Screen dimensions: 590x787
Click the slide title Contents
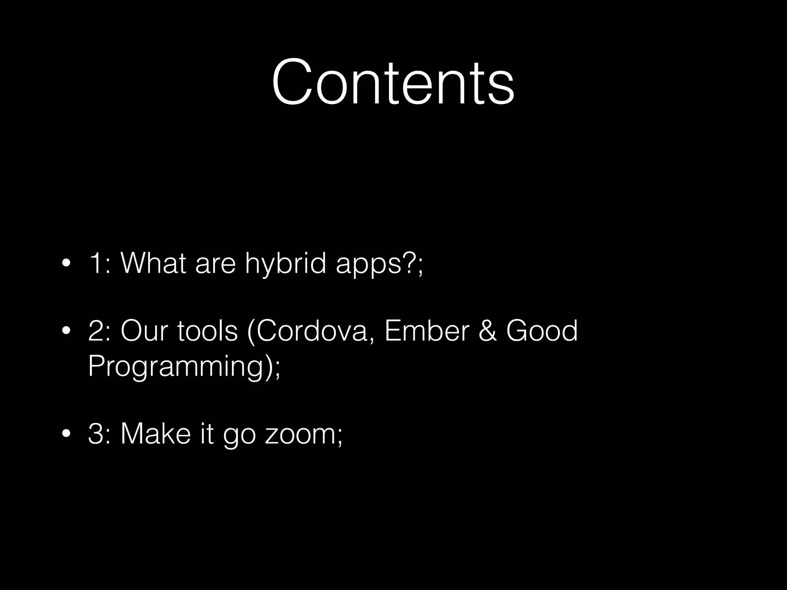pos(393,82)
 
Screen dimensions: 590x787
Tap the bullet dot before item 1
pos(66,264)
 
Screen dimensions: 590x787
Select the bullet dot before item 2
pos(66,331)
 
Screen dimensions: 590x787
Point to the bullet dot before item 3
pos(66,434)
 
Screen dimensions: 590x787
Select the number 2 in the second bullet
pos(96,331)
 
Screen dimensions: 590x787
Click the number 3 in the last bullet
pos(96,434)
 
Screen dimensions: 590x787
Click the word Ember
pos(427,331)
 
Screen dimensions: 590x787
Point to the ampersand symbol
pos(488,331)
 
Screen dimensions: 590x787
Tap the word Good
pos(542,331)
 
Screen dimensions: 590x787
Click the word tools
pos(208,331)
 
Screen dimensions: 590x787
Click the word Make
pos(155,434)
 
